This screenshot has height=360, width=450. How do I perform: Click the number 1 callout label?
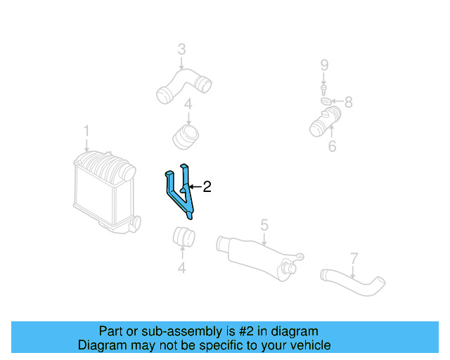(x=86, y=131)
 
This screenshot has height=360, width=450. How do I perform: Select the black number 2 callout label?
(x=207, y=187)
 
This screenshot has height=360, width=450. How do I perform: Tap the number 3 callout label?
(x=181, y=50)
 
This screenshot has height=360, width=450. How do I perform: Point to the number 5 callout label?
(x=264, y=225)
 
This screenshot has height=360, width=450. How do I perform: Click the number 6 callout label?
(x=332, y=146)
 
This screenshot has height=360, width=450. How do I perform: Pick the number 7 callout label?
(x=354, y=258)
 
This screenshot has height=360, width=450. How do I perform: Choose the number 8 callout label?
(x=348, y=103)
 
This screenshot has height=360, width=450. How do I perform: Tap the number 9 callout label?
(x=324, y=65)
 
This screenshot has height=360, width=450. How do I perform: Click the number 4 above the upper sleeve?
(x=188, y=105)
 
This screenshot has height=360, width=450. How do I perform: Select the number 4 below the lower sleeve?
(x=181, y=268)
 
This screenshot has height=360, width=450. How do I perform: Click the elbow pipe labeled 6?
(x=324, y=121)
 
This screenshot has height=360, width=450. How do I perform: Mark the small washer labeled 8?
(x=327, y=103)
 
